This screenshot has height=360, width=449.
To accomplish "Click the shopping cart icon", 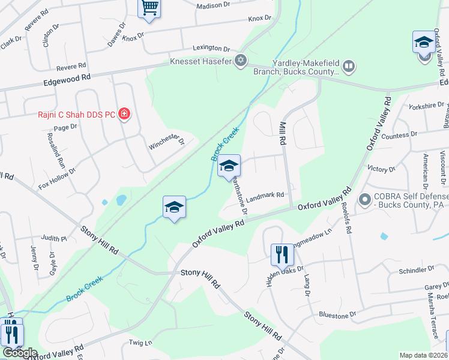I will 149,8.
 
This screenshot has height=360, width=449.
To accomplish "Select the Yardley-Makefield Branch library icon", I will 348,65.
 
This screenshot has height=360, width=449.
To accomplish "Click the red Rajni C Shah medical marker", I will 124,113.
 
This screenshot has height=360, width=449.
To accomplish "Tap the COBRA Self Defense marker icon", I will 364,199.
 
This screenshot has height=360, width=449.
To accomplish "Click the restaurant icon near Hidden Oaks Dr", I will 282,254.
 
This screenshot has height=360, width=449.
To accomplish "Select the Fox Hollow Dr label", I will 58,178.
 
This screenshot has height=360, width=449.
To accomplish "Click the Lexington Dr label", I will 211,48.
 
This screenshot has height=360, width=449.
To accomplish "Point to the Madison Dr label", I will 213,5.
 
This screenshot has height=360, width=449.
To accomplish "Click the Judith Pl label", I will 54,238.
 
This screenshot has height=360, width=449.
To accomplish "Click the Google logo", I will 19,353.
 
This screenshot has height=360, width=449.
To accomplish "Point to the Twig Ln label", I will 141,343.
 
